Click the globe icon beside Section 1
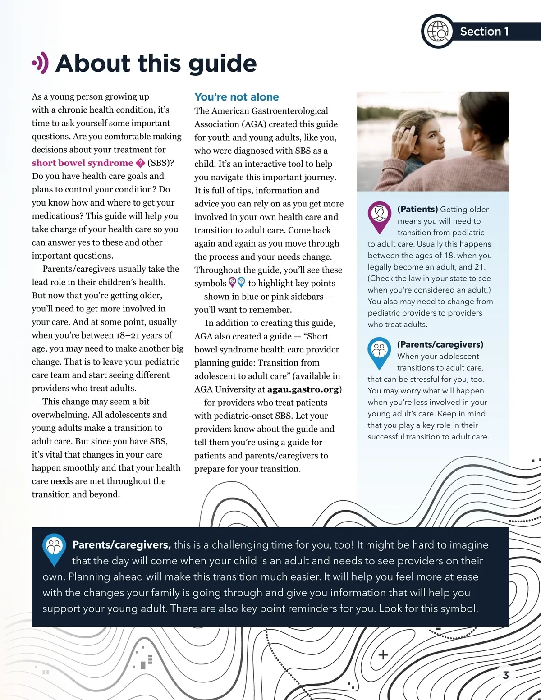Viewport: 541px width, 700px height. click(x=438, y=32)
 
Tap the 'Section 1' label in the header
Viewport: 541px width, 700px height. click(x=484, y=32)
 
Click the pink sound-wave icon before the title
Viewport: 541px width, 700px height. click(x=41, y=63)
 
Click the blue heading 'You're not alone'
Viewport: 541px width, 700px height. click(x=236, y=97)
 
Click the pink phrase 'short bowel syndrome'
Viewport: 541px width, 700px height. click(x=83, y=163)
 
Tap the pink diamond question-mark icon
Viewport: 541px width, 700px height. click(x=140, y=163)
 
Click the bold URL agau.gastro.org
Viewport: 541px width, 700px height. click(x=303, y=389)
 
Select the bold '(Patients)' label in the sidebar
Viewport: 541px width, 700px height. click(x=417, y=209)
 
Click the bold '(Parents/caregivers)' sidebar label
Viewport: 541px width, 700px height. click(x=440, y=344)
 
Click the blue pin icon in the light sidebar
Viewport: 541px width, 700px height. click(x=379, y=352)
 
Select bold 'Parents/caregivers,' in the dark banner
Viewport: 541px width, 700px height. click(x=121, y=545)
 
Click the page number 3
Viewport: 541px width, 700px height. click(x=506, y=675)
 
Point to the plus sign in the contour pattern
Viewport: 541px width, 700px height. click(x=383, y=654)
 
